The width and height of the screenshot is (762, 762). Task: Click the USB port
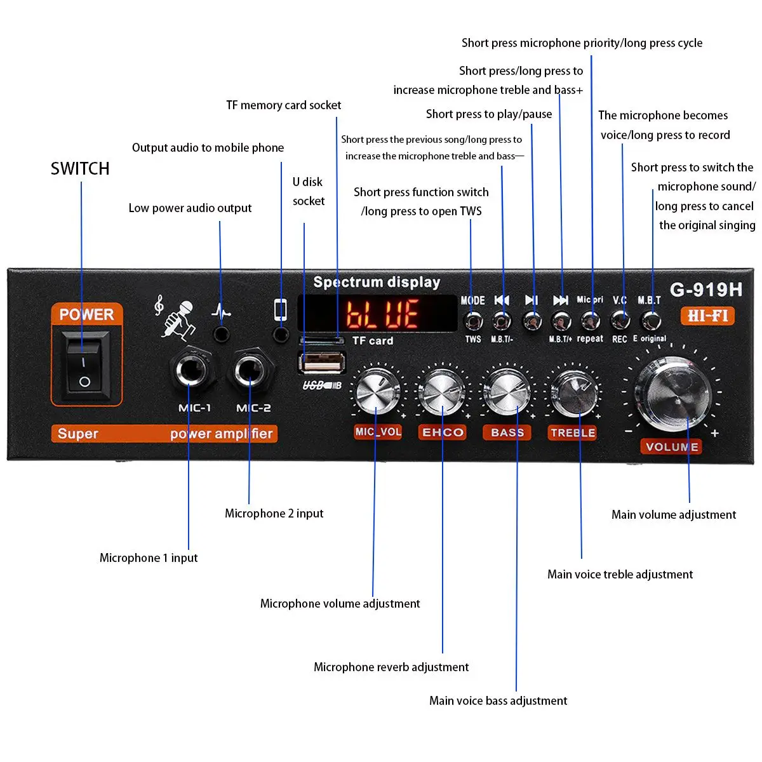click(321, 364)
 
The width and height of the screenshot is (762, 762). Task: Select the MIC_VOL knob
click(378, 391)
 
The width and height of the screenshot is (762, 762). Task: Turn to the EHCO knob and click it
click(443, 391)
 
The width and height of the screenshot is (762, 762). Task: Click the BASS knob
click(507, 391)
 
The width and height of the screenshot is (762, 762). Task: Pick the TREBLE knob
click(573, 392)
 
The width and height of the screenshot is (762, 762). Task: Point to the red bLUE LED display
click(382, 314)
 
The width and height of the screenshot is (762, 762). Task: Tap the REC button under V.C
click(620, 320)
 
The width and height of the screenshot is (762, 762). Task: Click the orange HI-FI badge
click(707, 316)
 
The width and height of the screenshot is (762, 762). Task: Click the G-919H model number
click(705, 290)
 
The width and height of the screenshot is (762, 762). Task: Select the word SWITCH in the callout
click(80, 169)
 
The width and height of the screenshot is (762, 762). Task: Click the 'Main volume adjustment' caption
click(674, 514)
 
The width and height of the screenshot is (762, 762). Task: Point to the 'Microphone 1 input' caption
click(149, 558)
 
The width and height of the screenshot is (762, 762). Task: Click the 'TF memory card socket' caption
click(284, 105)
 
